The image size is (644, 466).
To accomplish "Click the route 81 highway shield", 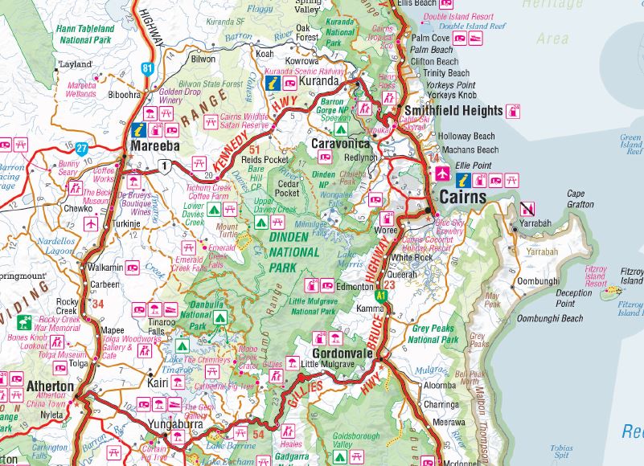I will click(146, 68).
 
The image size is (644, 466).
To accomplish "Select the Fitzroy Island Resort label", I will click(596, 277).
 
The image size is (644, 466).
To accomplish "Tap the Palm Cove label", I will click(430, 37).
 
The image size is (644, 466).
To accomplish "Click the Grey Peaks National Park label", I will click(433, 333).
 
